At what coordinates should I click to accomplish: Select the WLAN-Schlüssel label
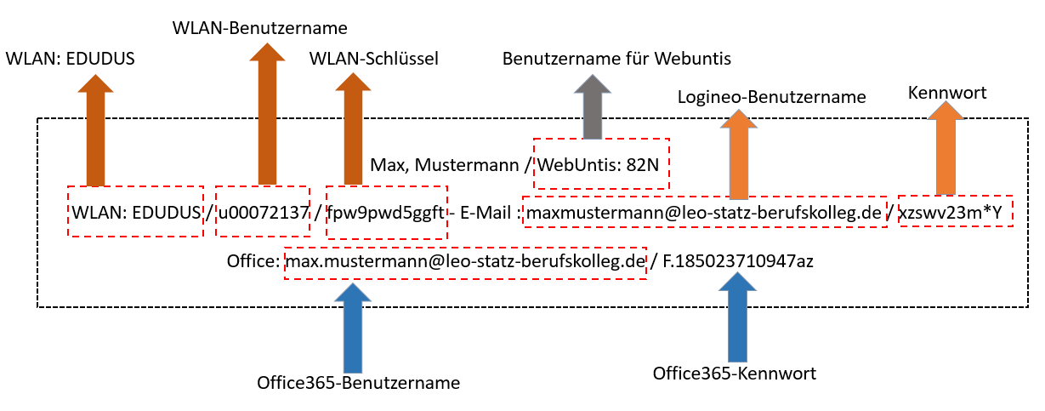373,59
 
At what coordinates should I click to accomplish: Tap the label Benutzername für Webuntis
616,60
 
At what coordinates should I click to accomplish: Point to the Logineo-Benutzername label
771,97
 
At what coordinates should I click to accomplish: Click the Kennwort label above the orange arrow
947,92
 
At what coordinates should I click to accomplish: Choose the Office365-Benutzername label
358,383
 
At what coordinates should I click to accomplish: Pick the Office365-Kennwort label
735,373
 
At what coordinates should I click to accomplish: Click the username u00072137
263,213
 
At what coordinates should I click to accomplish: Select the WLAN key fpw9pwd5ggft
387,213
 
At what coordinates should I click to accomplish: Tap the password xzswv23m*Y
957,213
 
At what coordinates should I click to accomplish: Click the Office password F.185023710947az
736,261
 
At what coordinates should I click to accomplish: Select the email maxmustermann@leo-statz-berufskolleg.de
704,213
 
